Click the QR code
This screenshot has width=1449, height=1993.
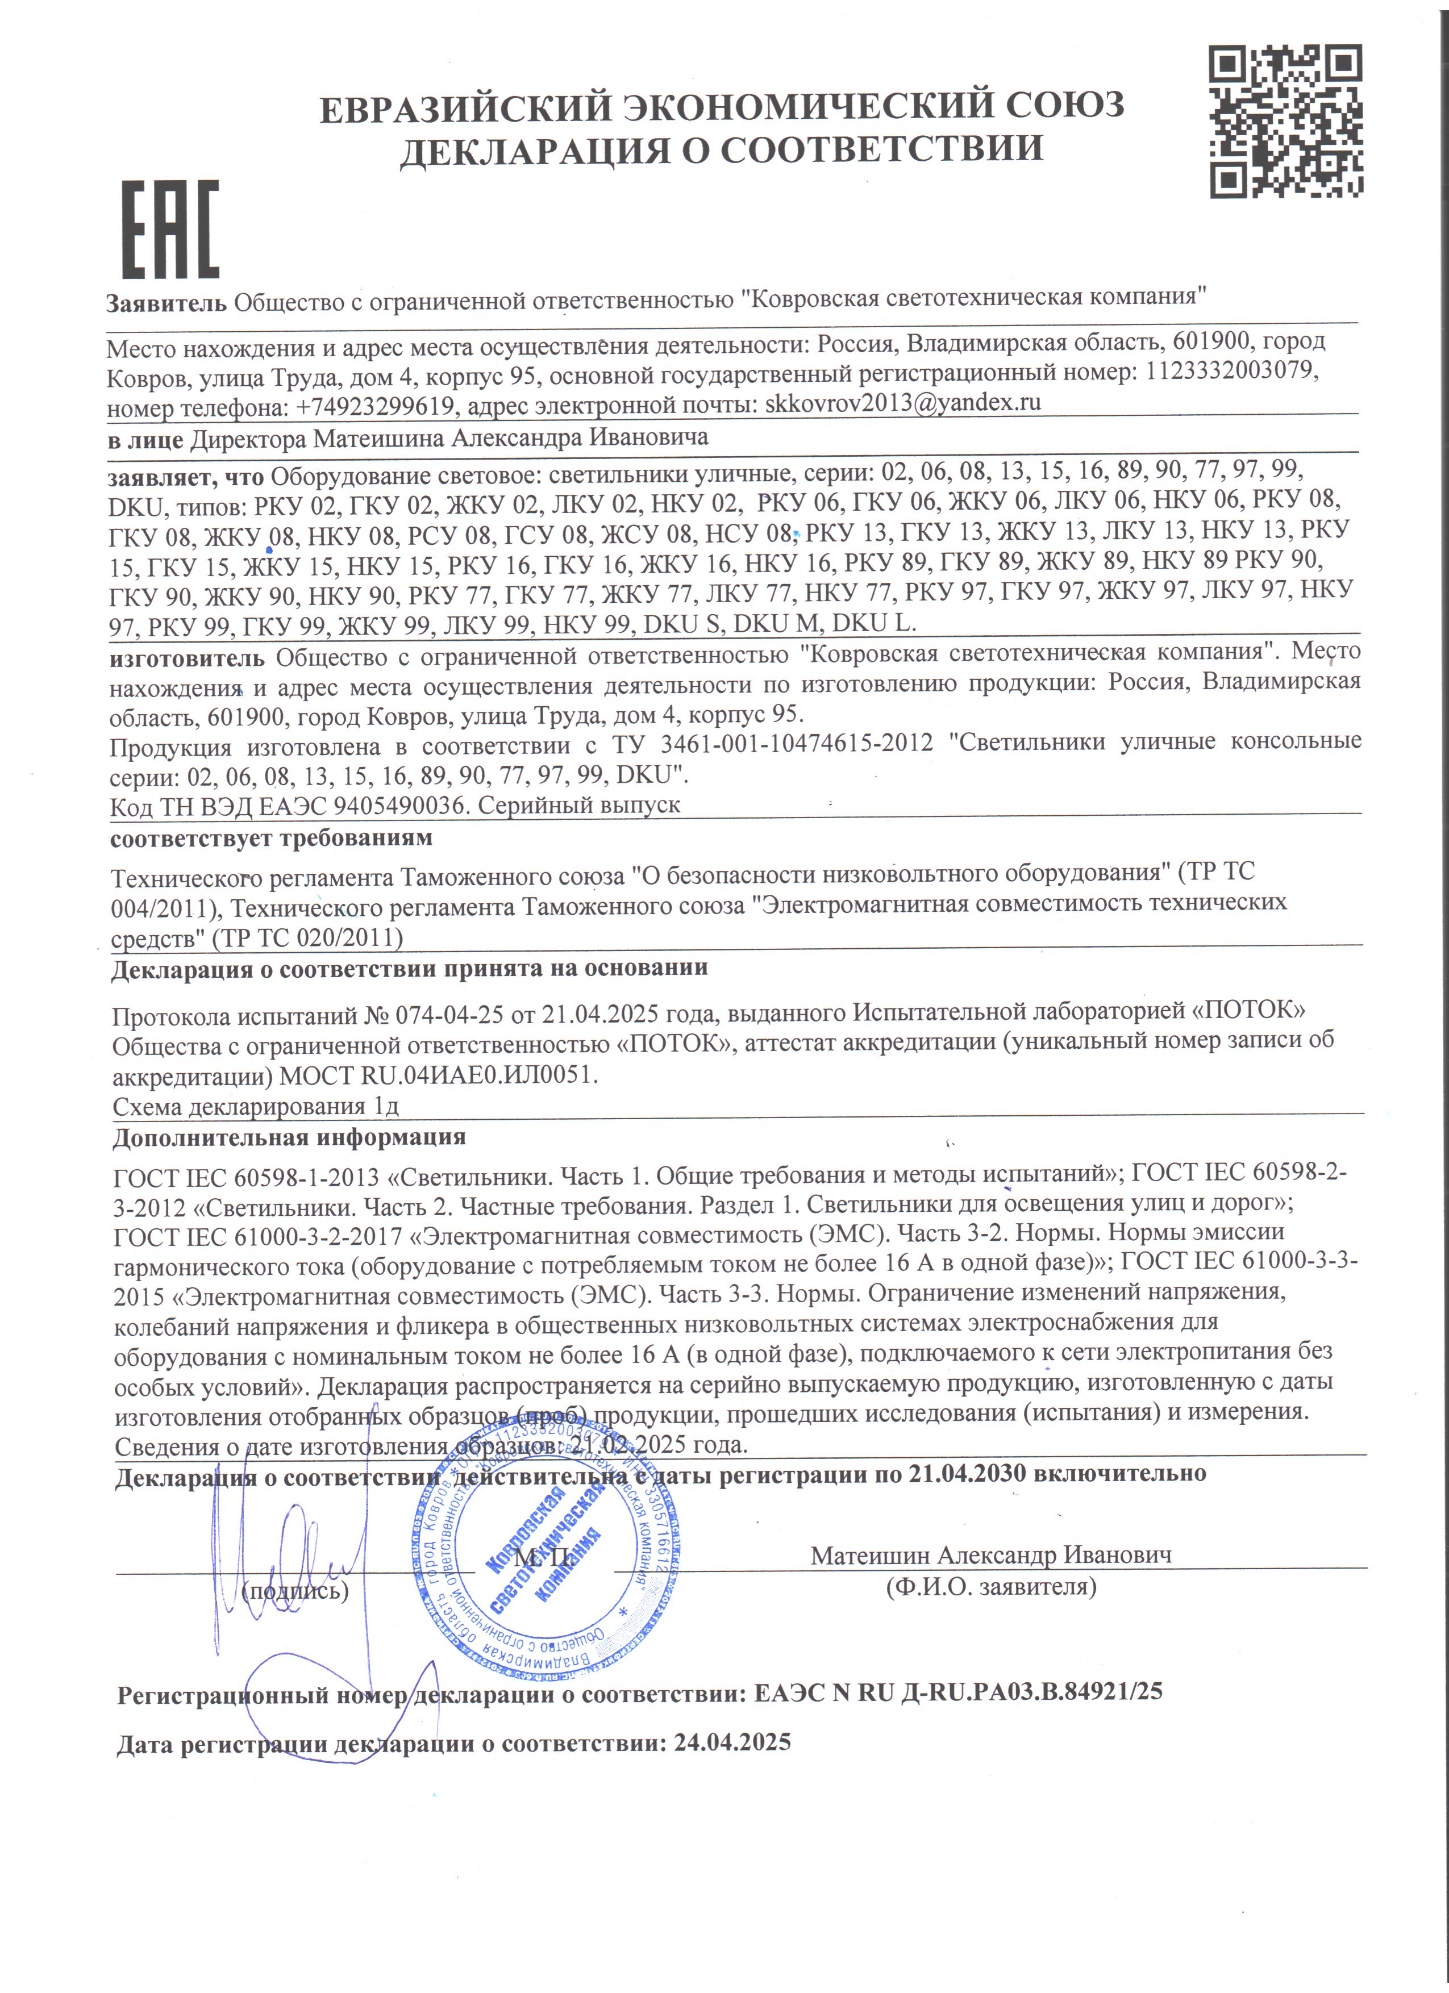[x=1285, y=121]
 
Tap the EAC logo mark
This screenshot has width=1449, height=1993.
[x=169, y=230]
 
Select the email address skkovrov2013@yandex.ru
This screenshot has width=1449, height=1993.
[x=902, y=403]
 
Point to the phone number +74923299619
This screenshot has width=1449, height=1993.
[x=369, y=407]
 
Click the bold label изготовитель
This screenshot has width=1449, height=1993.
[x=186, y=657]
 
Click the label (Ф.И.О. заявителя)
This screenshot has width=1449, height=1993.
[x=991, y=1586]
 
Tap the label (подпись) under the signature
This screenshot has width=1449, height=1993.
[x=295, y=1590]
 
